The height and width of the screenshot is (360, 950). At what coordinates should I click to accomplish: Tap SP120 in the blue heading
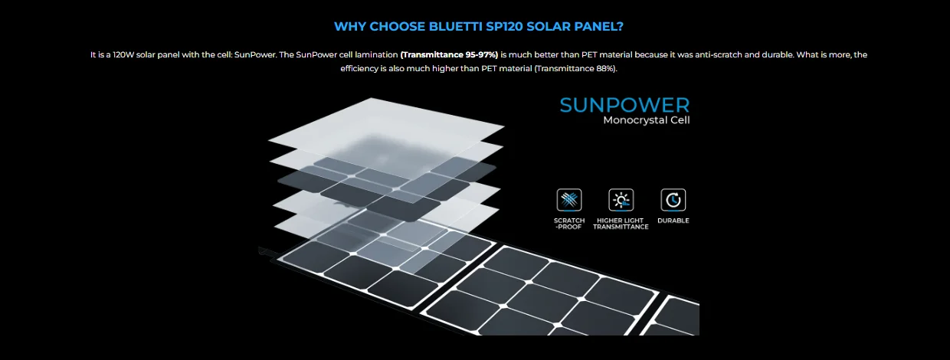(x=504, y=26)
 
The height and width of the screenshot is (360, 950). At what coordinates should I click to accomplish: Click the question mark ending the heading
(x=621, y=26)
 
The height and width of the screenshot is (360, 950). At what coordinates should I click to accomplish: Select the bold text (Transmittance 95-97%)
(x=449, y=54)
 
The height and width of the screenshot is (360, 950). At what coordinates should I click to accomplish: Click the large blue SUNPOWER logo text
(x=624, y=105)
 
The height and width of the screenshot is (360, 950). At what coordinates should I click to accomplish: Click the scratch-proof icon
(x=569, y=200)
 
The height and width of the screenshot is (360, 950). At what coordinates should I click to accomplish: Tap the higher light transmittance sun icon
(x=621, y=200)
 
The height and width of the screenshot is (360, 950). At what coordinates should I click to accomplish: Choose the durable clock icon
(x=673, y=200)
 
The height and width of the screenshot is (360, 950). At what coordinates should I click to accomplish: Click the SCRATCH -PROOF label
(x=569, y=224)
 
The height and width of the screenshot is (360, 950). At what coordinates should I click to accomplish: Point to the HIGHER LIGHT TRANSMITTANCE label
(x=621, y=224)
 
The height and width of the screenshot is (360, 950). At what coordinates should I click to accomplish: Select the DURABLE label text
(x=673, y=221)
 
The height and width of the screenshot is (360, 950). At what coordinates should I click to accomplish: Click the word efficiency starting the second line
(x=359, y=68)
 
